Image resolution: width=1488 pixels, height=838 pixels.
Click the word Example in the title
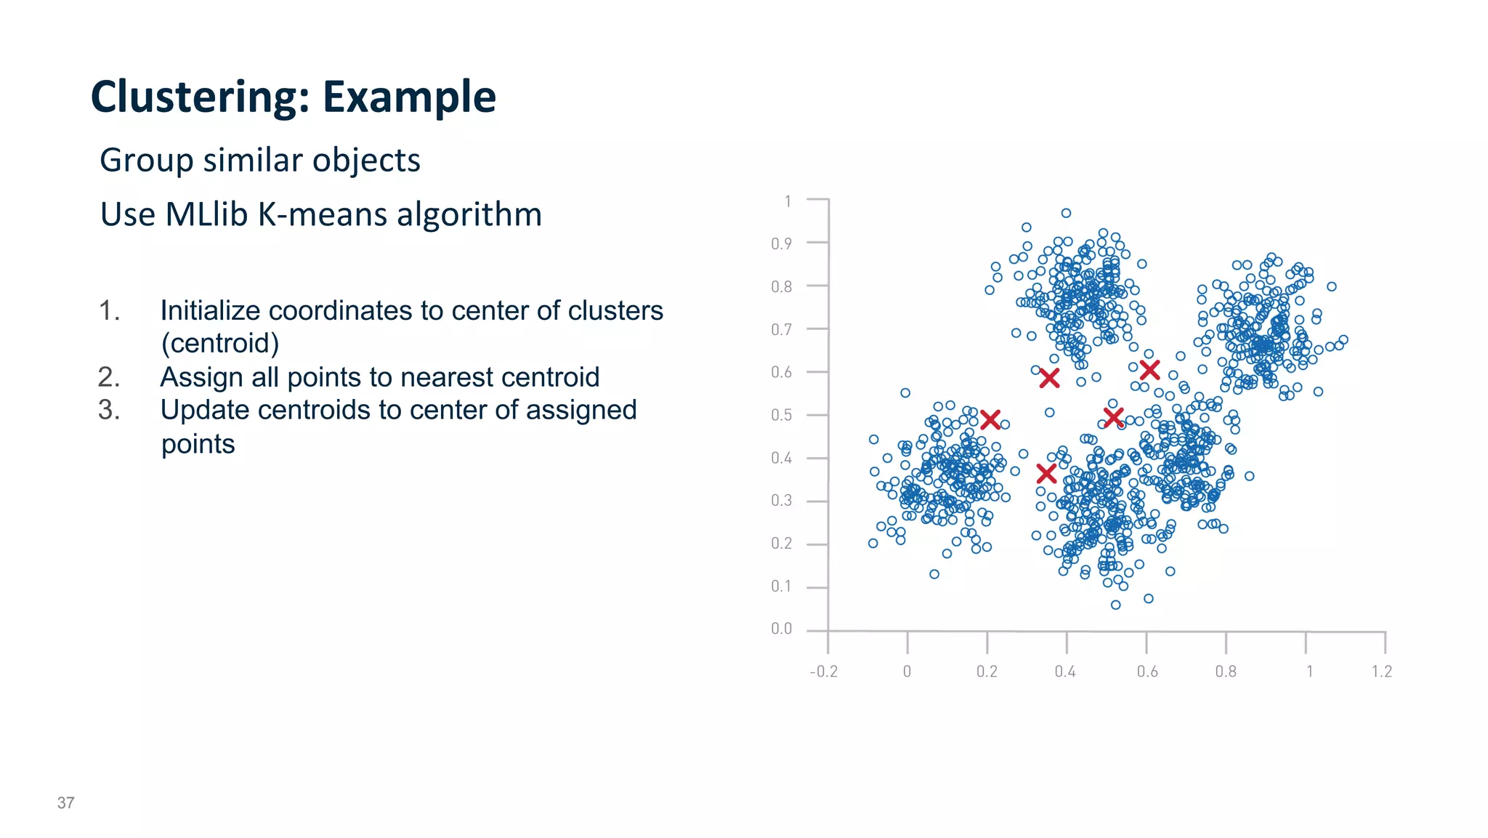[x=409, y=97]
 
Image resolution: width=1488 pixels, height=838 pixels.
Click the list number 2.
[x=109, y=377]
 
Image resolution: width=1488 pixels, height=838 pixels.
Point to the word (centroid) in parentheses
[x=220, y=343]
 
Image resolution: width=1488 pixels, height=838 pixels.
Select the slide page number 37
[x=65, y=802]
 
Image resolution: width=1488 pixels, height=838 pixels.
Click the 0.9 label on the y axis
[x=782, y=243]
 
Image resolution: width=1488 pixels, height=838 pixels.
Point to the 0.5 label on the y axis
[x=782, y=415]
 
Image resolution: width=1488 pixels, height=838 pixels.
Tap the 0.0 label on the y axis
[x=782, y=629]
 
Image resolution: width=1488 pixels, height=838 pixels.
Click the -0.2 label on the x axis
[x=824, y=672]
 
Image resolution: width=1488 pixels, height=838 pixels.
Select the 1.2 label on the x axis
[x=1382, y=672]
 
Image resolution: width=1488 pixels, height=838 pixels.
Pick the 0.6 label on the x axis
[x=1147, y=672]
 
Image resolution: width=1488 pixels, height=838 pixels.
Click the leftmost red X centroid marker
[x=990, y=419]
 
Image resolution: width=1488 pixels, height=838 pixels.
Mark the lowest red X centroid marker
[x=1046, y=474]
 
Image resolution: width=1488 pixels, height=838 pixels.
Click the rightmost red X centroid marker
[x=1149, y=370]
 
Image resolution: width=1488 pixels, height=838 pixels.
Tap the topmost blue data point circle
[x=1066, y=213]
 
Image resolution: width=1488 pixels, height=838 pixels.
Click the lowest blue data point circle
[x=1116, y=605]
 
